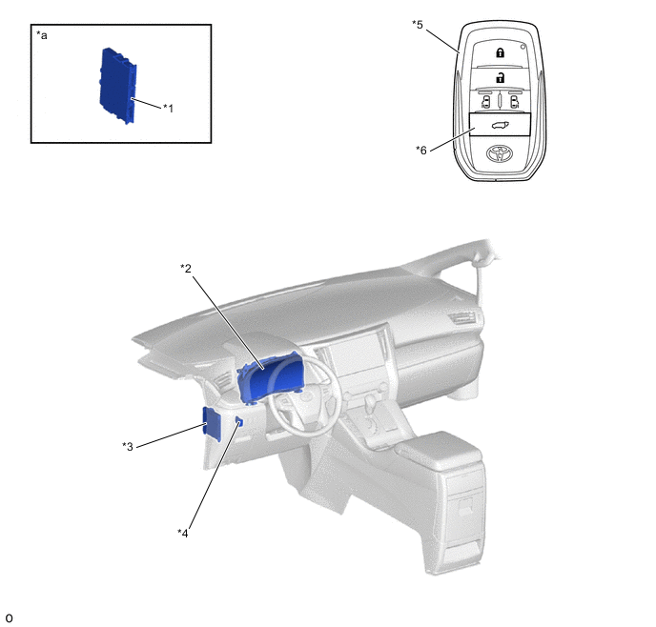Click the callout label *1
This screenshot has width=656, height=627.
168,109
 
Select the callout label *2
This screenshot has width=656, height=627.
186,268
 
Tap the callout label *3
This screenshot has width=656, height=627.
128,446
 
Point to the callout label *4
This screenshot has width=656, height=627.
183,533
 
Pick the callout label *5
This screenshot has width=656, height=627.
418,24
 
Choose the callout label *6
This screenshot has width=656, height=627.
421,150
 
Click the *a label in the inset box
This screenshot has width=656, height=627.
42,35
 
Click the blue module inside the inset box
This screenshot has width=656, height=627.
118,86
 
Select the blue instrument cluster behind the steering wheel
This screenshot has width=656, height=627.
270,377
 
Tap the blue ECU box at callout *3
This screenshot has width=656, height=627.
213,423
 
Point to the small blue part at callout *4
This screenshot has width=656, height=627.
239,422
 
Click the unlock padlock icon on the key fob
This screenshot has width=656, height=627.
500,77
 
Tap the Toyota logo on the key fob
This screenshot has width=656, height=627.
501,153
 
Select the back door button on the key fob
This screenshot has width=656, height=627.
501,125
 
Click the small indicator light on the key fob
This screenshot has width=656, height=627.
523,47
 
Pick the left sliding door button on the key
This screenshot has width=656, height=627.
485,102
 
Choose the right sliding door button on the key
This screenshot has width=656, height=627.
514,102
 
